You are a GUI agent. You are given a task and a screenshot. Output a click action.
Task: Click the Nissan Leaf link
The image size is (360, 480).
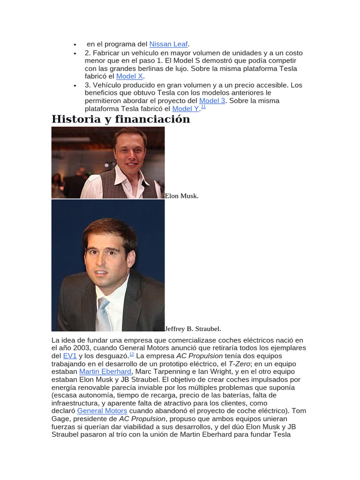168,44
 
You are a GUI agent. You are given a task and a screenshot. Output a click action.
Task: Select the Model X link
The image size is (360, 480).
130,76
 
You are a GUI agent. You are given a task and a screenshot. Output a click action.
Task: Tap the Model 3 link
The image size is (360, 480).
212,101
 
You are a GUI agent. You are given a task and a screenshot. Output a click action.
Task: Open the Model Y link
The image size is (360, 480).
186,109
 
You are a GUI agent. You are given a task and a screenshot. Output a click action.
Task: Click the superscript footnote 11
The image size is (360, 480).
203,107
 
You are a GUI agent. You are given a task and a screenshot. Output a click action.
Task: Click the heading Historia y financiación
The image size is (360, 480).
120,119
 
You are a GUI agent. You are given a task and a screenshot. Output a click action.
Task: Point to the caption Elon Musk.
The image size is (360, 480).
182,196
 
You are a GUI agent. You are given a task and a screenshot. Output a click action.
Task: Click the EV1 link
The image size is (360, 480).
70,356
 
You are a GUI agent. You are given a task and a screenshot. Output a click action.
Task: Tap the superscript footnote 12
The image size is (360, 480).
132,354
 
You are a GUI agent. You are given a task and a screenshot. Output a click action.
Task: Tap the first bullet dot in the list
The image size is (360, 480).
75,44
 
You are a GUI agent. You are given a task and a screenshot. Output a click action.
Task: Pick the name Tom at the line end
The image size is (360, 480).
299,411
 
